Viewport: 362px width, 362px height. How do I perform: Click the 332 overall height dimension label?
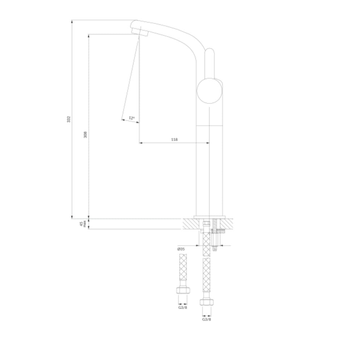68,119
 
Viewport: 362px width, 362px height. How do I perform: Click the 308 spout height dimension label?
85,135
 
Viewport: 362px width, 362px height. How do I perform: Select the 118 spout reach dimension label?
174,139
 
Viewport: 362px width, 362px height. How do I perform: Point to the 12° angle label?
131,118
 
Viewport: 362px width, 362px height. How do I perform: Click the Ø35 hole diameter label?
181,249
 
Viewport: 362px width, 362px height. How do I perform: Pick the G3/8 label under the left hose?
182,307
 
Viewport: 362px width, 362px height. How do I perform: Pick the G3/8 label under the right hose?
207,319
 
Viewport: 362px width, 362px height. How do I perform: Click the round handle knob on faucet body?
209,91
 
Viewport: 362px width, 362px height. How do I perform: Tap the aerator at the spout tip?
140,32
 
